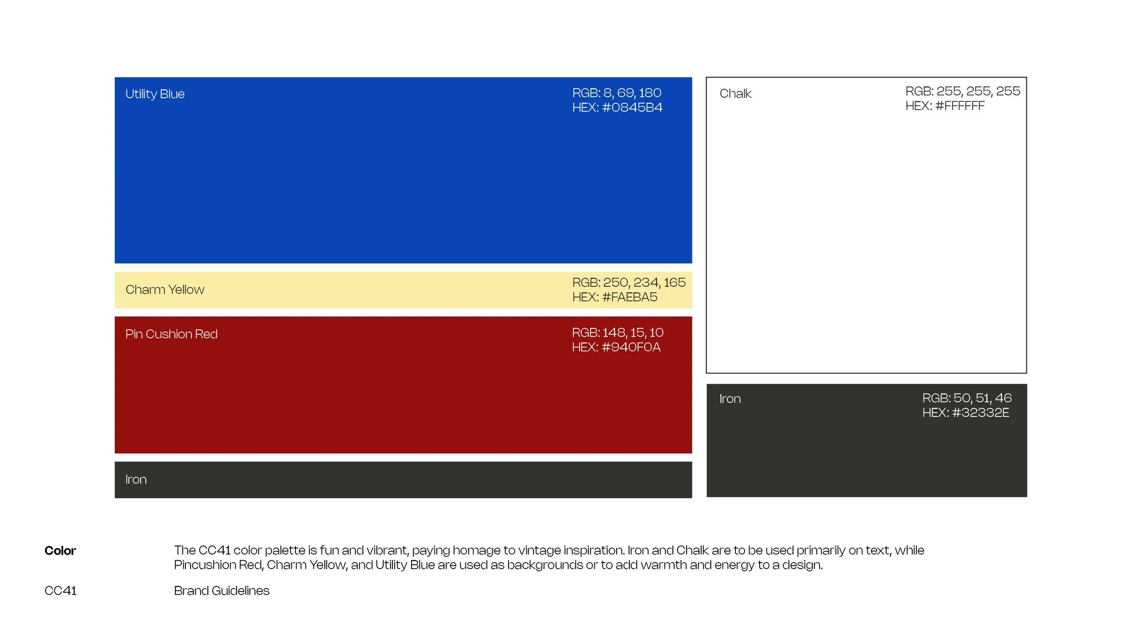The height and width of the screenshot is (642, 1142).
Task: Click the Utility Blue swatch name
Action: coord(155,94)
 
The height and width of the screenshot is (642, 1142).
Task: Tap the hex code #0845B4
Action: coord(632,107)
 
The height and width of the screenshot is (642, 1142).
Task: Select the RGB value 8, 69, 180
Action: coord(632,93)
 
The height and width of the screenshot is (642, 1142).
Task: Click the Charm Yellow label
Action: coord(165,290)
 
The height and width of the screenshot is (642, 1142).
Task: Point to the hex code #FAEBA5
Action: coord(630,297)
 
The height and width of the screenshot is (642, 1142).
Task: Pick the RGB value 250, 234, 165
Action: coord(644,283)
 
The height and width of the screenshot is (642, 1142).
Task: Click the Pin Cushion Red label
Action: coord(171,334)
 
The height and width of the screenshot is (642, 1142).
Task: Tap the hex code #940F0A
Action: coord(631,347)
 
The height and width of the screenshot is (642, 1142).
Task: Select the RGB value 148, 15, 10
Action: coord(633,333)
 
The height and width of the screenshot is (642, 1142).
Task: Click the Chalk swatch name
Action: coord(735,94)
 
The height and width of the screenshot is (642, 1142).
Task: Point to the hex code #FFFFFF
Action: coord(960,106)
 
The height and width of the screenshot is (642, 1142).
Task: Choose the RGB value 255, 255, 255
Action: coord(978,91)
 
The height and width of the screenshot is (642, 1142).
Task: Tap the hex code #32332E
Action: coord(980,413)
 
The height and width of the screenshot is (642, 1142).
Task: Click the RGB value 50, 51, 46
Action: coord(982,398)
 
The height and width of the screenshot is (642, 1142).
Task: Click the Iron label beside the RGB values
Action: coord(730,399)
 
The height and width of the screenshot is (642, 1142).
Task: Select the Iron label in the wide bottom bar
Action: coord(136,479)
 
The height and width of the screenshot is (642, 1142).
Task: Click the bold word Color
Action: coord(60,551)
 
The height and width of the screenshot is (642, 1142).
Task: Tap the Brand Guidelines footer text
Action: coord(222,591)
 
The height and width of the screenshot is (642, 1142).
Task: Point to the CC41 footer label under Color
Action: coord(60,591)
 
